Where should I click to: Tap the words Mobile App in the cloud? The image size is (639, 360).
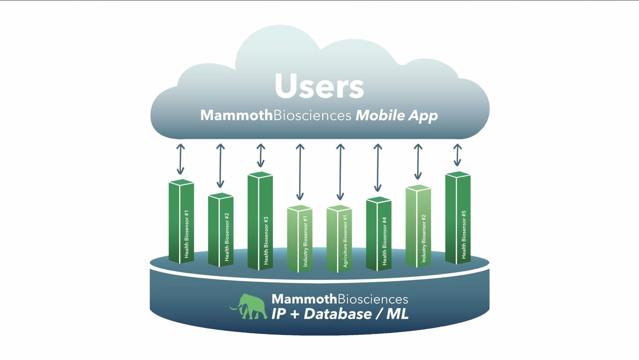(397, 116)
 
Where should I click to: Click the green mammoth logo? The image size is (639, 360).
(249, 306)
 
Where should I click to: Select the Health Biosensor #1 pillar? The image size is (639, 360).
(181, 221)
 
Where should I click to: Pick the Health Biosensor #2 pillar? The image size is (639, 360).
(221, 229)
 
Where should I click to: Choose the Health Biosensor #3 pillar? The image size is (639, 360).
(260, 221)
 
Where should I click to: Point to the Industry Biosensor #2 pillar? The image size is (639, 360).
(418, 226)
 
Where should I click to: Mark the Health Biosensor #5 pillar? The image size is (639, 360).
(458, 218)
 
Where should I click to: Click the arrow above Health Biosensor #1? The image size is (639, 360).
(181, 159)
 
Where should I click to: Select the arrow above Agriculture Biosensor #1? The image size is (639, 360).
(340, 172)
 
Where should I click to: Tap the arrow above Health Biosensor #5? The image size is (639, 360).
(458, 155)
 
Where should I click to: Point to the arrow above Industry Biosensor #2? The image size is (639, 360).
(418, 162)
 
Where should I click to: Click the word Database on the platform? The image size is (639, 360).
(337, 314)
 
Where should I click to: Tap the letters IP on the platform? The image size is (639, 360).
(279, 314)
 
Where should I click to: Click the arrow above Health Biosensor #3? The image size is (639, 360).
(260, 156)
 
